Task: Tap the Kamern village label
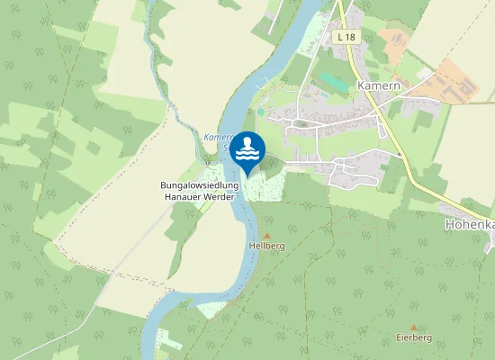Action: (377, 84)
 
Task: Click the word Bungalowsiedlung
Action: (198, 185)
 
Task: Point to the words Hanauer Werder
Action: (198, 196)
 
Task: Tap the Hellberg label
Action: (265, 245)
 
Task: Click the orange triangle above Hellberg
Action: (266, 235)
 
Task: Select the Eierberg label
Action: (414, 337)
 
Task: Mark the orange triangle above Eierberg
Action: (414, 328)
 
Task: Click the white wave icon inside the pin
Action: (247, 156)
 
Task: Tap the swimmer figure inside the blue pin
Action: (247, 144)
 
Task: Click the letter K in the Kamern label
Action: (361, 84)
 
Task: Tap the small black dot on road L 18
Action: (398, 155)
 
